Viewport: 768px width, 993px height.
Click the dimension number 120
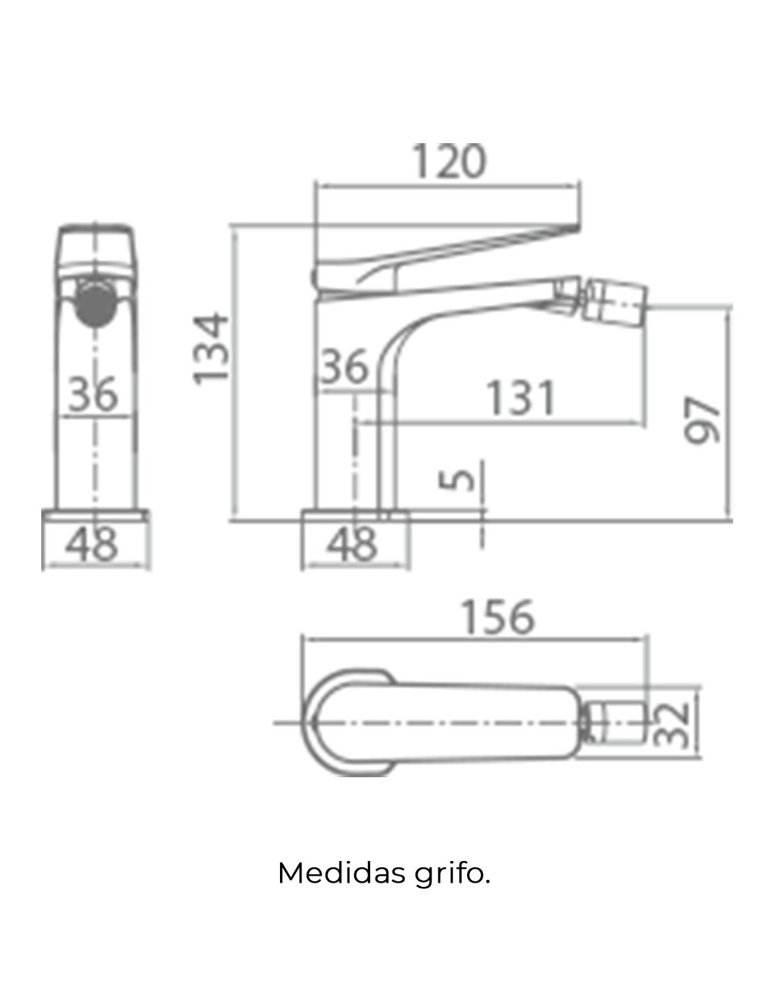point(449,161)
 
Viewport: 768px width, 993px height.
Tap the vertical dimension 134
point(211,348)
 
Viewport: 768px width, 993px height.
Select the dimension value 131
point(521,397)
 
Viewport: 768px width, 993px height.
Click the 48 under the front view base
point(93,544)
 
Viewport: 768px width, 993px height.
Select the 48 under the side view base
point(352,544)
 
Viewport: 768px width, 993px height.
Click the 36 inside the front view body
point(93,394)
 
